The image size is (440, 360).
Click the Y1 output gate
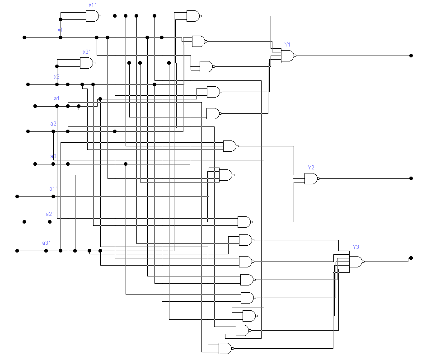(287, 56)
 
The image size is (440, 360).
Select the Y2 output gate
(311, 179)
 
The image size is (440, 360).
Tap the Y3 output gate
(355, 262)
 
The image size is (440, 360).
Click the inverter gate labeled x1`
(92, 16)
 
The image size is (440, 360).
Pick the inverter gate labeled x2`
(86, 63)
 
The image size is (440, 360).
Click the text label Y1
(287, 44)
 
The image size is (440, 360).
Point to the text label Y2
(311, 168)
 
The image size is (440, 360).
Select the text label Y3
(356, 247)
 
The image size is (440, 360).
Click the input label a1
(56, 98)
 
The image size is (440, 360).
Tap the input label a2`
(50, 214)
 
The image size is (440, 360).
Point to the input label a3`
(46, 243)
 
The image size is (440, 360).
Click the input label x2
(57, 77)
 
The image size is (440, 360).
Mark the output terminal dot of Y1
(411, 56)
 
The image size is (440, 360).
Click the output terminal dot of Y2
(411, 178)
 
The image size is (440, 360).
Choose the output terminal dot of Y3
(411, 258)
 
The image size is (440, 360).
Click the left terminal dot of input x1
(24, 37)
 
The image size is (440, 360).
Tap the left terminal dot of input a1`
(17, 196)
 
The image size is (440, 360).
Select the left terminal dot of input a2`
(24, 222)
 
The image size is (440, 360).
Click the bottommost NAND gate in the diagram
(225, 348)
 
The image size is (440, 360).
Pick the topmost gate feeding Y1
(193, 16)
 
